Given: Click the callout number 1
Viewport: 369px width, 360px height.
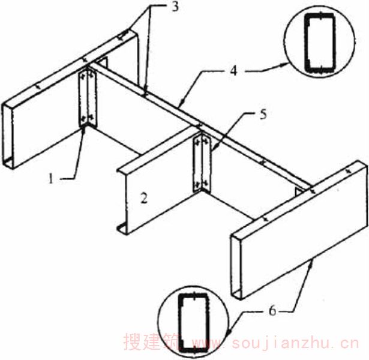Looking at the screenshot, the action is pyautogui.click(x=50, y=178).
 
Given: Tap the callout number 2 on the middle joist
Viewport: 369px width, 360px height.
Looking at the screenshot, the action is pyautogui.click(x=144, y=198).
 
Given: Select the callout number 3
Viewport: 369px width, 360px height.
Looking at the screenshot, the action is pyautogui.click(x=175, y=7).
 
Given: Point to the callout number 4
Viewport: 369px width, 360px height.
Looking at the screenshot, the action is pyautogui.click(x=233, y=70).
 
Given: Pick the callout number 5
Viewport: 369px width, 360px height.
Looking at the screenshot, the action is pyautogui.click(x=263, y=115).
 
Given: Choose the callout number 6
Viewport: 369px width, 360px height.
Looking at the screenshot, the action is pyautogui.click(x=272, y=311).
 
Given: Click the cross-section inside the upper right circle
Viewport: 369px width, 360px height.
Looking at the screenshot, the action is pyautogui.click(x=319, y=42).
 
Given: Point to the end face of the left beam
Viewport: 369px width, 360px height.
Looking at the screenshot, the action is pyautogui.click(x=8, y=136).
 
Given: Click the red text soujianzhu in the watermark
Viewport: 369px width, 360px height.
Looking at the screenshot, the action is pyautogui.click(x=295, y=343).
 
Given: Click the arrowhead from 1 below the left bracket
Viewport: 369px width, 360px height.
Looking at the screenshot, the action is pyautogui.click(x=83, y=131).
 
